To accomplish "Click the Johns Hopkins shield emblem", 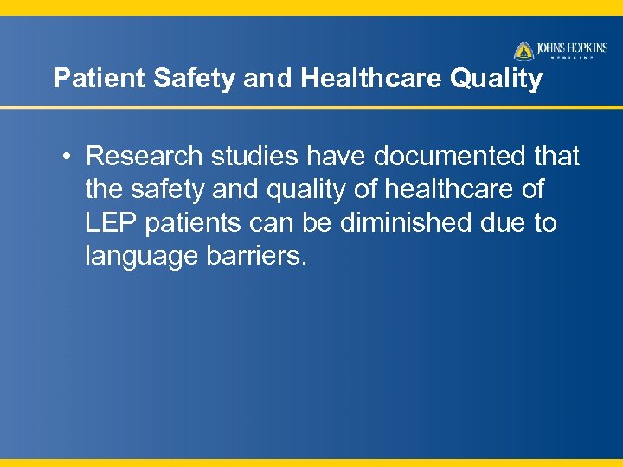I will pyautogui.click(x=524, y=51).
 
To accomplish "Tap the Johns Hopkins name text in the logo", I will pyautogui.click(x=574, y=48).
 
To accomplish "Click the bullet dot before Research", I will pyautogui.click(x=66, y=157).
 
